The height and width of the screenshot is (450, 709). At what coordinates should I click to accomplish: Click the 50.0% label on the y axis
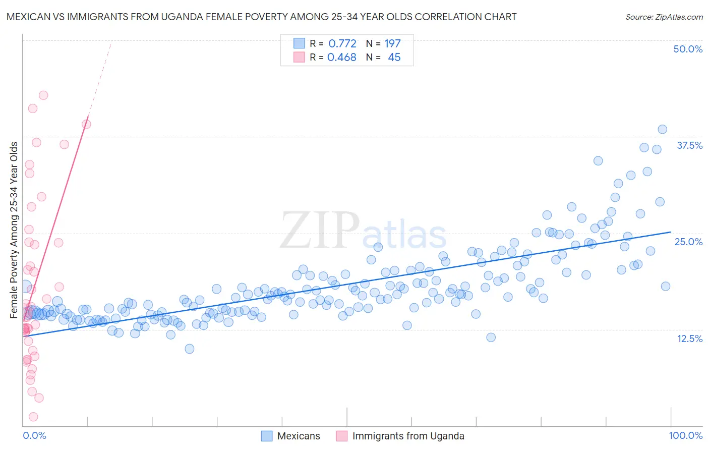click(688, 49)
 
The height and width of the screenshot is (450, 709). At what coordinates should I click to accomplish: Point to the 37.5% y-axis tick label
click(689, 145)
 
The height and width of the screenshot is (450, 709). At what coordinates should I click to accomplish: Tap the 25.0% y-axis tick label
click(688, 242)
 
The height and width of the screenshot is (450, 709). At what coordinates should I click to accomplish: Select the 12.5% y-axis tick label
click(689, 339)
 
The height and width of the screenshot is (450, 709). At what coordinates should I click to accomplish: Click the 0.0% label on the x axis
click(34, 435)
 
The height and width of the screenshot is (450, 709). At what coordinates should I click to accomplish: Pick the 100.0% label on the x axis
click(685, 435)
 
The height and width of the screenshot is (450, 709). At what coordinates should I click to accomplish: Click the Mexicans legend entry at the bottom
click(299, 436)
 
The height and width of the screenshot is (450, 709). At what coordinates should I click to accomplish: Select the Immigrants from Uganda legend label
click(408, 436)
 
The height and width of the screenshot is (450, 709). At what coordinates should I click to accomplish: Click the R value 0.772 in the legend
click(342, 43)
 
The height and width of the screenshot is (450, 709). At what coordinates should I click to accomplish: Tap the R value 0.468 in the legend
click(341, 58)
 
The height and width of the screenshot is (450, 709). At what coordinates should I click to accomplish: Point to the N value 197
click(392, 43)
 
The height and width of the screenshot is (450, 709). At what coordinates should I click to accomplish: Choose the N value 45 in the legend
click(394, 58)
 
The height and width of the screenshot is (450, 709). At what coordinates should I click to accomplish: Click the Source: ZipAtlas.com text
click(664, 17)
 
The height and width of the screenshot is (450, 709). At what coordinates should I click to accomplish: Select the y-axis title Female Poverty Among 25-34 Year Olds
click(14, 230)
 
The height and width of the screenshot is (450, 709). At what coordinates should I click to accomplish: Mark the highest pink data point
click(43, 95)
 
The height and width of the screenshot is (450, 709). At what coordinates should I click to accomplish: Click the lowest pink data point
click(33, 417)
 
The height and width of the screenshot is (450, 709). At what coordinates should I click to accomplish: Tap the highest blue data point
click(662, 129)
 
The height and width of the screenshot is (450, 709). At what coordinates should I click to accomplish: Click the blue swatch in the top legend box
click(299, 43)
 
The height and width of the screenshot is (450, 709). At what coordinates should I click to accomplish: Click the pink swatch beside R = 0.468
click(299, 58)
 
